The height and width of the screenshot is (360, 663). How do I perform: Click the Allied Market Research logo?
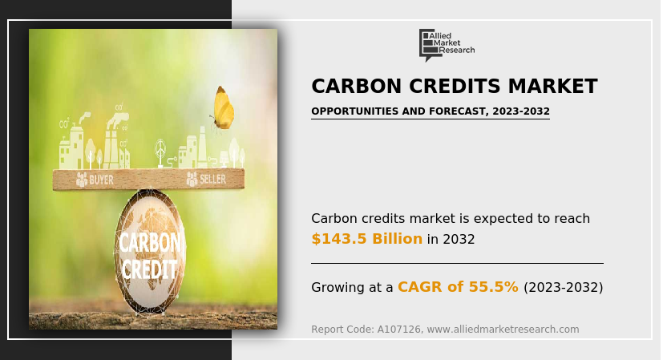coord(447,45)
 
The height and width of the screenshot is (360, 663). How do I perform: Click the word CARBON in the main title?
coord(357,86)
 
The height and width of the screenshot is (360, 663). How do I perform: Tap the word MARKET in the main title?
coord(552,86)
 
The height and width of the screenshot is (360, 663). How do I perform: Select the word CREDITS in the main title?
coord(455,86)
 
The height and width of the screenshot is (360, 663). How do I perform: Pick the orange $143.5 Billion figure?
coord(366,239)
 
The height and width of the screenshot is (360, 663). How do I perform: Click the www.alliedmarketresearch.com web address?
coord(503,329)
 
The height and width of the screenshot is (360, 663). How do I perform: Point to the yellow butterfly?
coord(223,108)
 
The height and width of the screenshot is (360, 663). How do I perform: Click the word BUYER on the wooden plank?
coord(102,180)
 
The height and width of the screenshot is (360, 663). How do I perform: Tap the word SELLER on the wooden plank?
coord(212,180)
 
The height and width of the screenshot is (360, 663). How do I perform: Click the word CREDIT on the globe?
coord(149,269)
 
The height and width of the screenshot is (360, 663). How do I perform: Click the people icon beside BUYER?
coord(82,180)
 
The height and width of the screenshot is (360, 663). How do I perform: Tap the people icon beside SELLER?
coord(192,179)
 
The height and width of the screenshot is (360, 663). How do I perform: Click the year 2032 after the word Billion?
coord(459,240)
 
